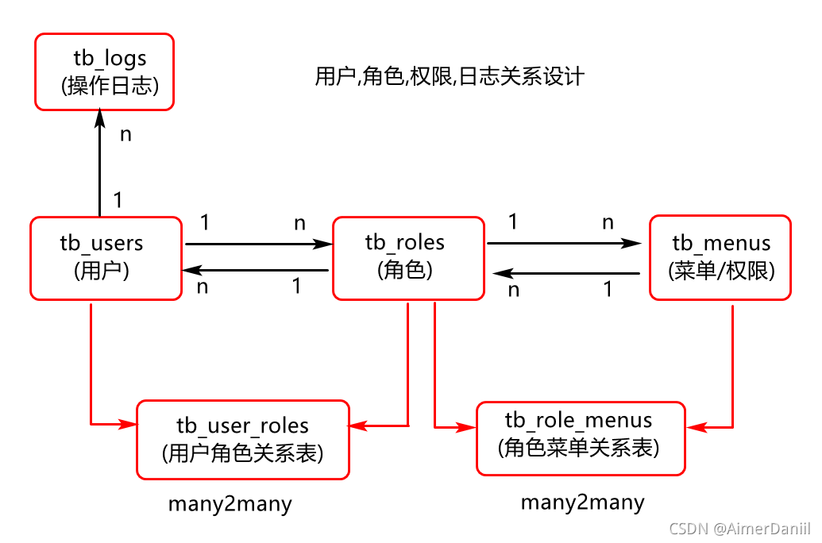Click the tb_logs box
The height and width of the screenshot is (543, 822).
[x=105, y=71]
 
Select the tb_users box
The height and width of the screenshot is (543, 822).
[x=106, y=257]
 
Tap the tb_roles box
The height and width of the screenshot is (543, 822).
[x=408, y=257]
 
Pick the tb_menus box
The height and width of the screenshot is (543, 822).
[x=720, y=257]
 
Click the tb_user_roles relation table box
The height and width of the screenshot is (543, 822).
[x=242, y=440]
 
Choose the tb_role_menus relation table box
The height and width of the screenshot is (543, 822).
[x=580, y=438]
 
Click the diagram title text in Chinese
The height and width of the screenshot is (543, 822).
[x=450, y=76]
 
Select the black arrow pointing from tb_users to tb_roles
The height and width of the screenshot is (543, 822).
[x=257, y=244]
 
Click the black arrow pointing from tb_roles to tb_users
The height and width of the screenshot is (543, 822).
[x=257, y=271]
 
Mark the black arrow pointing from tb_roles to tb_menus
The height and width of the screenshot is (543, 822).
[x=564, y=244]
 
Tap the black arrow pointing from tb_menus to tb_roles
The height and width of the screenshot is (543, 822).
[x=565, y=274]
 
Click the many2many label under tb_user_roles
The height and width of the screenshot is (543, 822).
[x=230, y=504]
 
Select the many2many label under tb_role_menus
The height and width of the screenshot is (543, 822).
[x=582, y=502]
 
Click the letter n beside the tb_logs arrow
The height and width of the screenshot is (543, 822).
[x=125, y=134]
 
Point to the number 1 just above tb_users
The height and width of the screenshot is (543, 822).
[x=118, y=200]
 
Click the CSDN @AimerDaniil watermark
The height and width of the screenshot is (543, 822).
[x=739, y=529]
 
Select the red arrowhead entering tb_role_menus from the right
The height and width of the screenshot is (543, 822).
[x=697, y=427]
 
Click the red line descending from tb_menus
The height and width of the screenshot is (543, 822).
[x=731, y=365]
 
